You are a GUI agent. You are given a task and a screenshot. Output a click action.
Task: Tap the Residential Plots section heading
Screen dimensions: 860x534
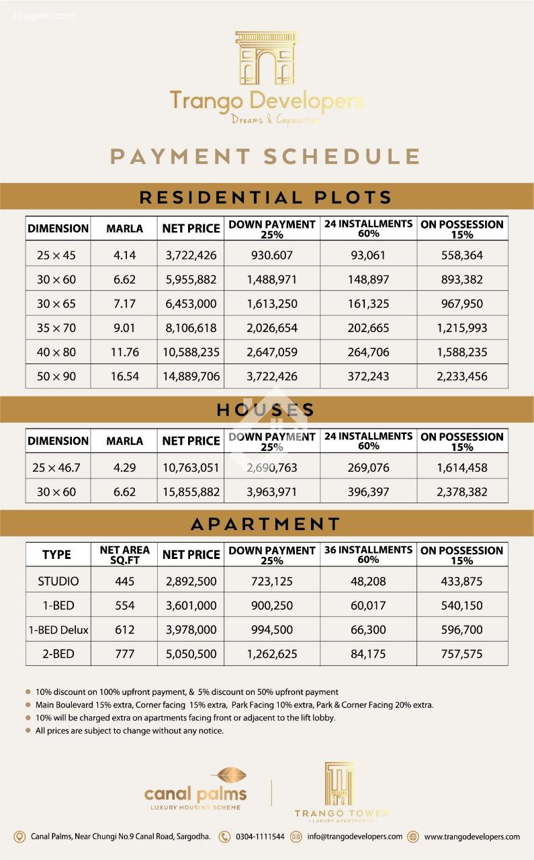tap(266, 198)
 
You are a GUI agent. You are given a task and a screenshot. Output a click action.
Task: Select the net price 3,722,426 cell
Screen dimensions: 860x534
tap(191, 255)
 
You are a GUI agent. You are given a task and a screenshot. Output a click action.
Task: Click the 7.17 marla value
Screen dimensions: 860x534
tap(124, 304)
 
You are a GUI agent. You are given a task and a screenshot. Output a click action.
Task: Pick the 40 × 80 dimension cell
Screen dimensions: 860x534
tap(56, 352)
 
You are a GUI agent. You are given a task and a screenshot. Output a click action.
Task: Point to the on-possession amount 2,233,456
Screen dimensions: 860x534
tap(462, 376)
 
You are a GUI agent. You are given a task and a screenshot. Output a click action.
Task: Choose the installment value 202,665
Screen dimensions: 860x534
tap(369, 328)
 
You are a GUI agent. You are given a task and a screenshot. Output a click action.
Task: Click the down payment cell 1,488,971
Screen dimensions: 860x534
tap(271, 279)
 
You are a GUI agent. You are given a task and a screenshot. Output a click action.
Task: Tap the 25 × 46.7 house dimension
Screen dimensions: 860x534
tap(56, 468)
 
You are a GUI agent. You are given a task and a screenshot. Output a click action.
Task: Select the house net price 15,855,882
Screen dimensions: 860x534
tap(191, 492)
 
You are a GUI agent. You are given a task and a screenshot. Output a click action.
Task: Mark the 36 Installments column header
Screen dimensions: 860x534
tap(369, 554)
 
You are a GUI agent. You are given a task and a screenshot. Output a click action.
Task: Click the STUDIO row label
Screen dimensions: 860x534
tap(58, 581)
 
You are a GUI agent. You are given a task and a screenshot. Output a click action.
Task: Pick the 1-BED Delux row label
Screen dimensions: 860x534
tap(58, 630)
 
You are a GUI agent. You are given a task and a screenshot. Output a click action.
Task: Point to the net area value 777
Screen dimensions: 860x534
tap(124, 654)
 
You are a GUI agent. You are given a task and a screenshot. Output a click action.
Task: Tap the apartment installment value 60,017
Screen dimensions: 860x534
tap(369, 605)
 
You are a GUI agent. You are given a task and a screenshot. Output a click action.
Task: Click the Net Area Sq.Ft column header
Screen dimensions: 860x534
tap(124, 554)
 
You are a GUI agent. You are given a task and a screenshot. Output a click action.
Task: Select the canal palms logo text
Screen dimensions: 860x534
tap(195, 794)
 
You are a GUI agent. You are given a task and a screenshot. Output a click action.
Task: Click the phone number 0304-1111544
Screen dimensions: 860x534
tap(259, 836)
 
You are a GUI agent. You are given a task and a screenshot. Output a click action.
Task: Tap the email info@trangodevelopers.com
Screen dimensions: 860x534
tap(355, 836)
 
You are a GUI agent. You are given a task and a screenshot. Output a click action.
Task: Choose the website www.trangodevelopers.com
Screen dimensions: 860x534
tap(472, 836)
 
